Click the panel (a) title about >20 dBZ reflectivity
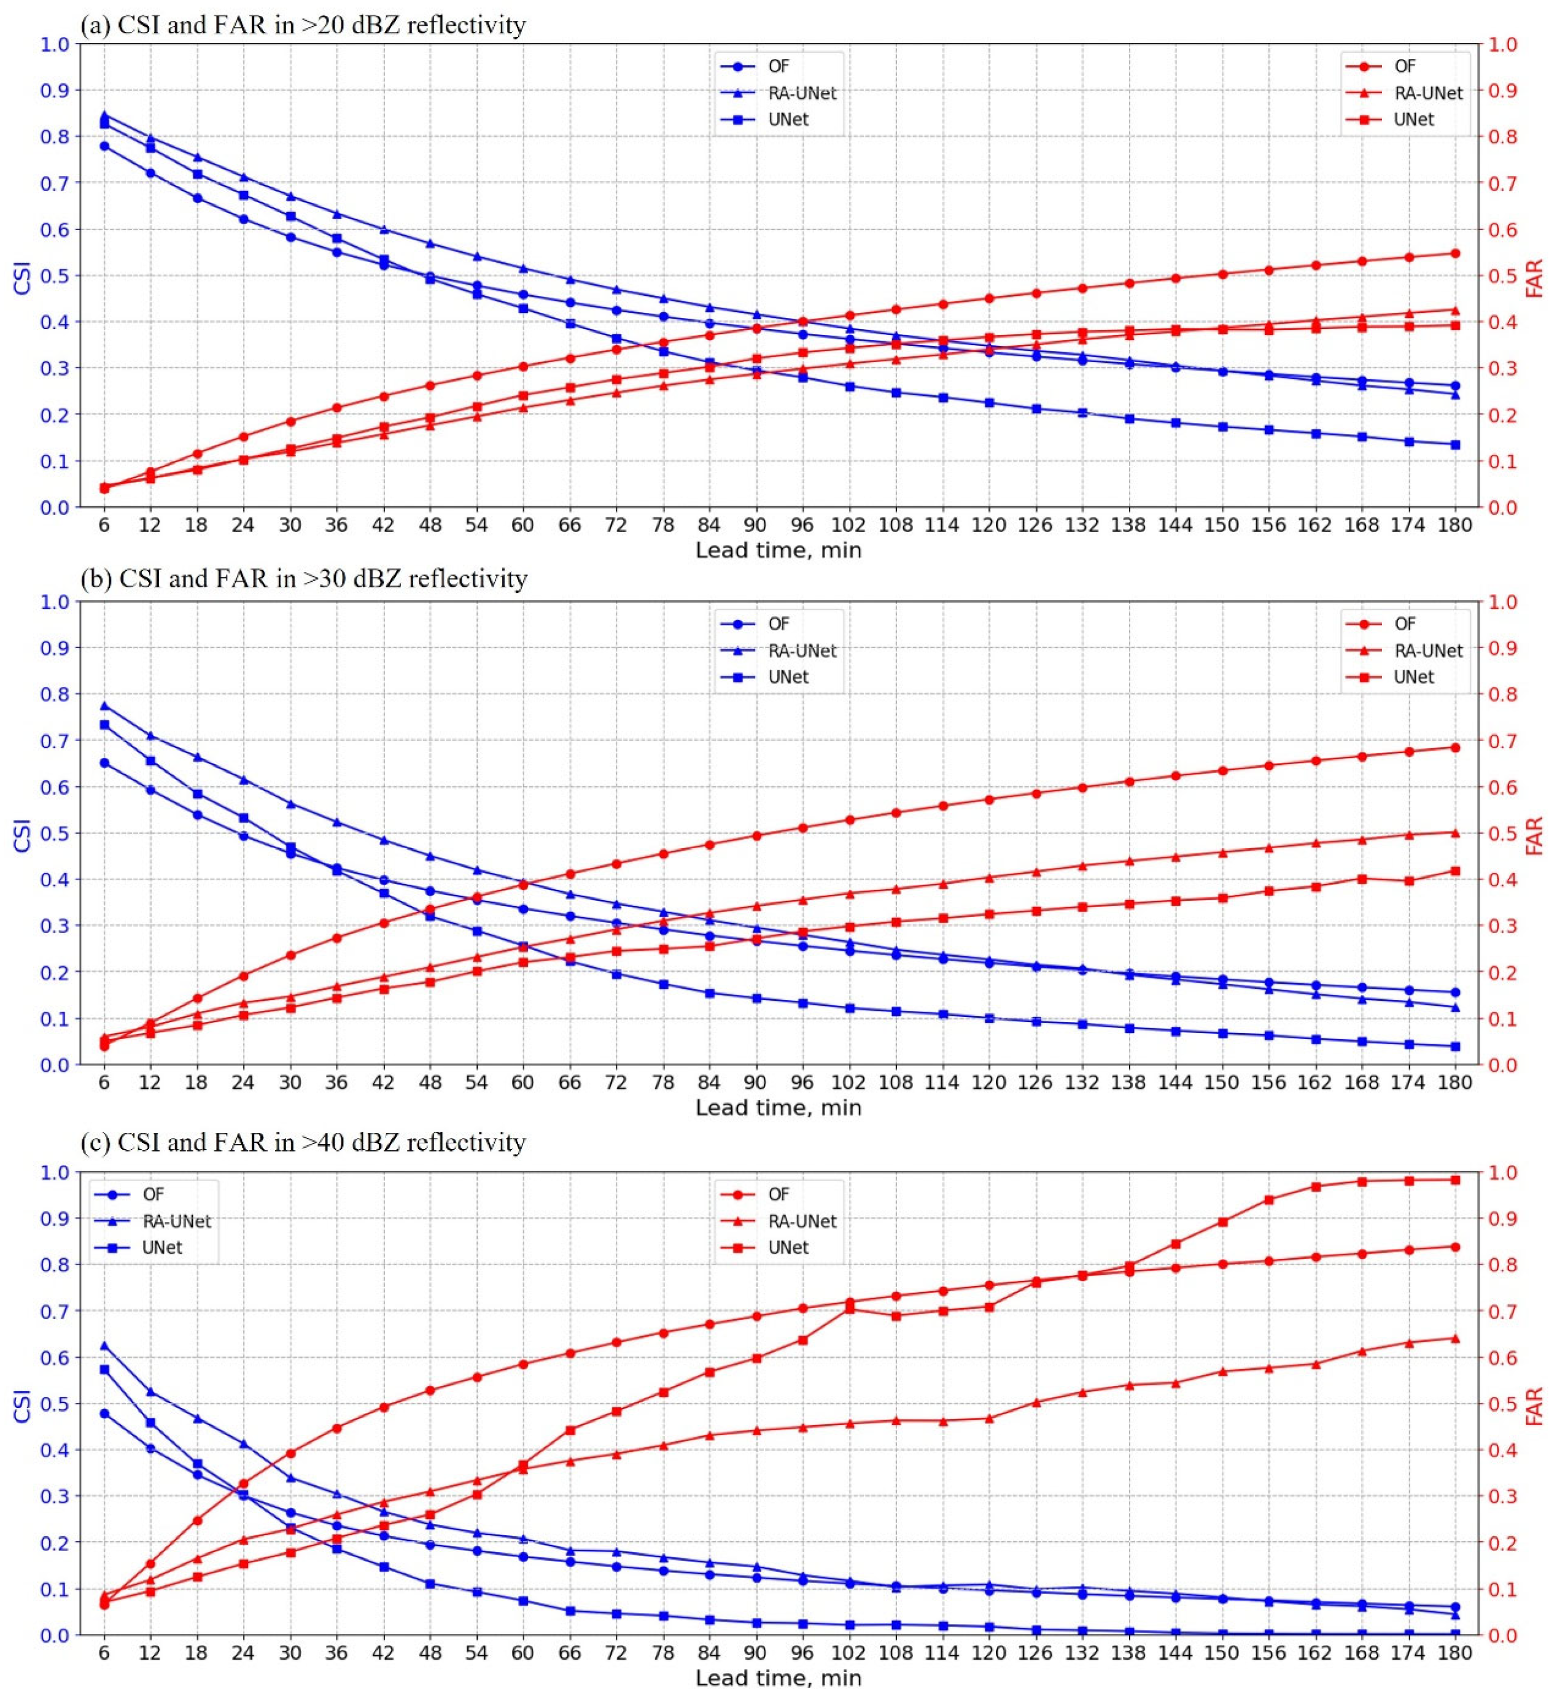click(x=303, y=25)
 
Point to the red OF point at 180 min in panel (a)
click(x=1455, y=253)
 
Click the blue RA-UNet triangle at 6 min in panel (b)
click(x=104, y=706)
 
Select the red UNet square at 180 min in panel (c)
click(x=1455, y=1180)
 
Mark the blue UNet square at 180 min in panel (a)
click(x=1455, y=444)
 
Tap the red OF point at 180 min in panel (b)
click(x=1455, y=747)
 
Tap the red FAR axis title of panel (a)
click(x=1535, y=277)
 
